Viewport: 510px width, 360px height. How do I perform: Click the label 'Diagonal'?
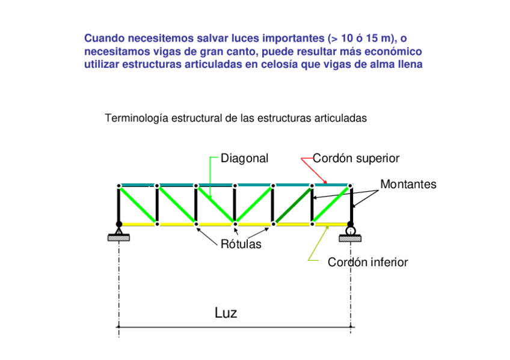click(244, 159)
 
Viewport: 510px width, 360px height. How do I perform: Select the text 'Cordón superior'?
click(356, 159)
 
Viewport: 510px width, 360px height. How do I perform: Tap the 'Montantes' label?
click(408, 185)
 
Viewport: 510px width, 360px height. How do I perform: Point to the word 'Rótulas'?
click(241, 245)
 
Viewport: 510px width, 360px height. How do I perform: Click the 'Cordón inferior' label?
click(367, 263)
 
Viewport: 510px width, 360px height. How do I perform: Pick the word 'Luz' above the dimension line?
click(226, 313)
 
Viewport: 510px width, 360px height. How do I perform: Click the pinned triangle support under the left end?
click(119, 230)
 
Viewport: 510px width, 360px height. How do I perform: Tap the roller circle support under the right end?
click(350, 230)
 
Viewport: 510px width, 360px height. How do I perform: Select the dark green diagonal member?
click(292, 204)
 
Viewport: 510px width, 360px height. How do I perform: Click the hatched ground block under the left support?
click(119, 238)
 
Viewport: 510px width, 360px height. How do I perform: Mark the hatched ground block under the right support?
click(350, 239)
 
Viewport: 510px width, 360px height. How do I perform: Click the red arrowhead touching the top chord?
click(325, 182)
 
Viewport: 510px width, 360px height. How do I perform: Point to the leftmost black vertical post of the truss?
click(119, 204)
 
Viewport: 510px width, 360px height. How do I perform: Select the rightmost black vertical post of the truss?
click(350, 204)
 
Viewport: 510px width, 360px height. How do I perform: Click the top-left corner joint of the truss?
click(119, 186)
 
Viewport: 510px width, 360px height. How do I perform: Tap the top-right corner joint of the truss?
click(350, 186)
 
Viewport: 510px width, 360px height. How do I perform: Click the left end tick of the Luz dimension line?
click(119, 327)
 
